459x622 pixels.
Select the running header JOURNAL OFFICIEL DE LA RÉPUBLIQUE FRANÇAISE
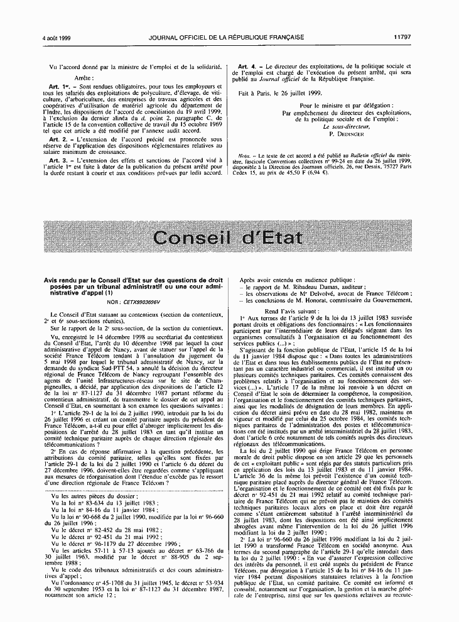[x=226, y=37]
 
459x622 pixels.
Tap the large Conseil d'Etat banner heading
[x=229, y=237]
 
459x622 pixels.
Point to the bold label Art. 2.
[x=64, y=138]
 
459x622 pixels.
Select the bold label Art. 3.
[x=64, y=161]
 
